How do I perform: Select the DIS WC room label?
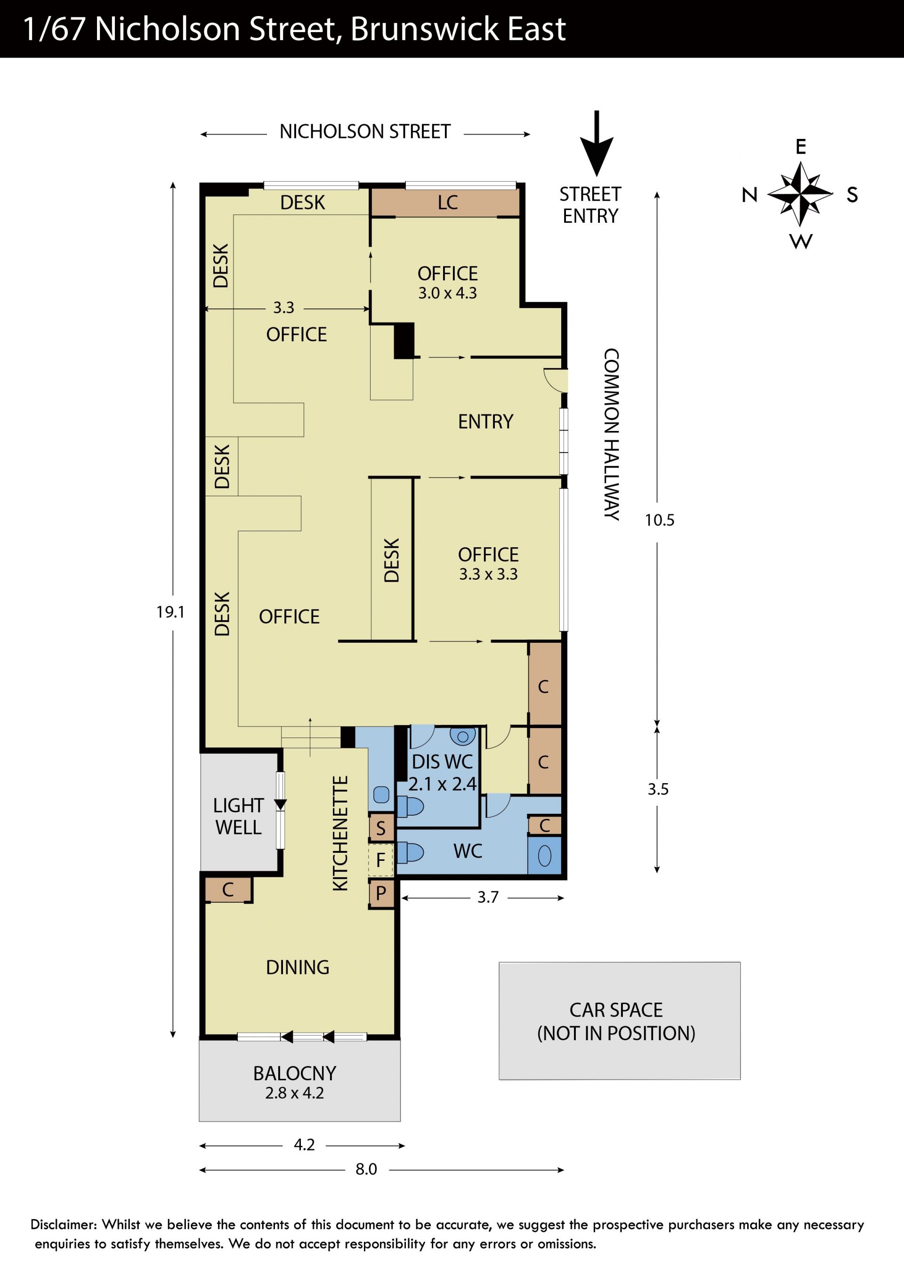pyautogui.click(x=442, y=761)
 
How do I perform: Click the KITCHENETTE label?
pyautogui.click(x=340, y=834)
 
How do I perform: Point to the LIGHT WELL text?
pyautogui.click(x=238, y=817)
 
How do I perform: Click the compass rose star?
pyautogui.click(x=800, y=194)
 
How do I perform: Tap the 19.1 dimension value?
pyautogui.click(x=170, y=612)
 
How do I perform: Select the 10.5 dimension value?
pyautogui.click(x=660, y=520)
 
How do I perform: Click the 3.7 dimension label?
pyautogui.click(x=488, y=898)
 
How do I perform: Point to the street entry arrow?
pyautogui.click(x=597, y=143)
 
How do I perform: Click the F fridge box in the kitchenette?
pyautogui.click(x=381, y=860)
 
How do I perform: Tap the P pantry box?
pyautogui.click(x=381, y=893)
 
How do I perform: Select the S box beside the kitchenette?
pyautogui.click(x=381, y=828)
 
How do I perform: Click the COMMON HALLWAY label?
pyautogui.click(x=612, y=435)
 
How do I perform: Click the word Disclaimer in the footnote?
pyautogui.click(x=64, y=1224)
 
